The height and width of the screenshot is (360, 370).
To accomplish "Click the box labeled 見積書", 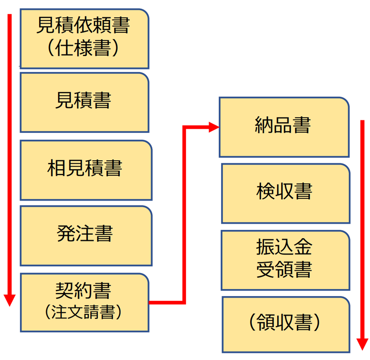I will pyautogui.click(x=84, y=102).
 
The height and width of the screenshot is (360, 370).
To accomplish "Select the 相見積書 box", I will pyautogui.click(x=85, y=170).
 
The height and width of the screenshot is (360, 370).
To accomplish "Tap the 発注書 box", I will pyautogui.click(x=85, y=236).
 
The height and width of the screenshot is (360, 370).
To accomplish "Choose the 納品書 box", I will pyautogui.click(x=284, y=127).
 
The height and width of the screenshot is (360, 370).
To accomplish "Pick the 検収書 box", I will pyautogui.click(x=285, y=193).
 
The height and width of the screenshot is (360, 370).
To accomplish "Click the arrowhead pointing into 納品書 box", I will pyautogui.click(x=214, y=127).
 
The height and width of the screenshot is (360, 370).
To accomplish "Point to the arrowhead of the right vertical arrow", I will pyautogui.click(x=363, y=344).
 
